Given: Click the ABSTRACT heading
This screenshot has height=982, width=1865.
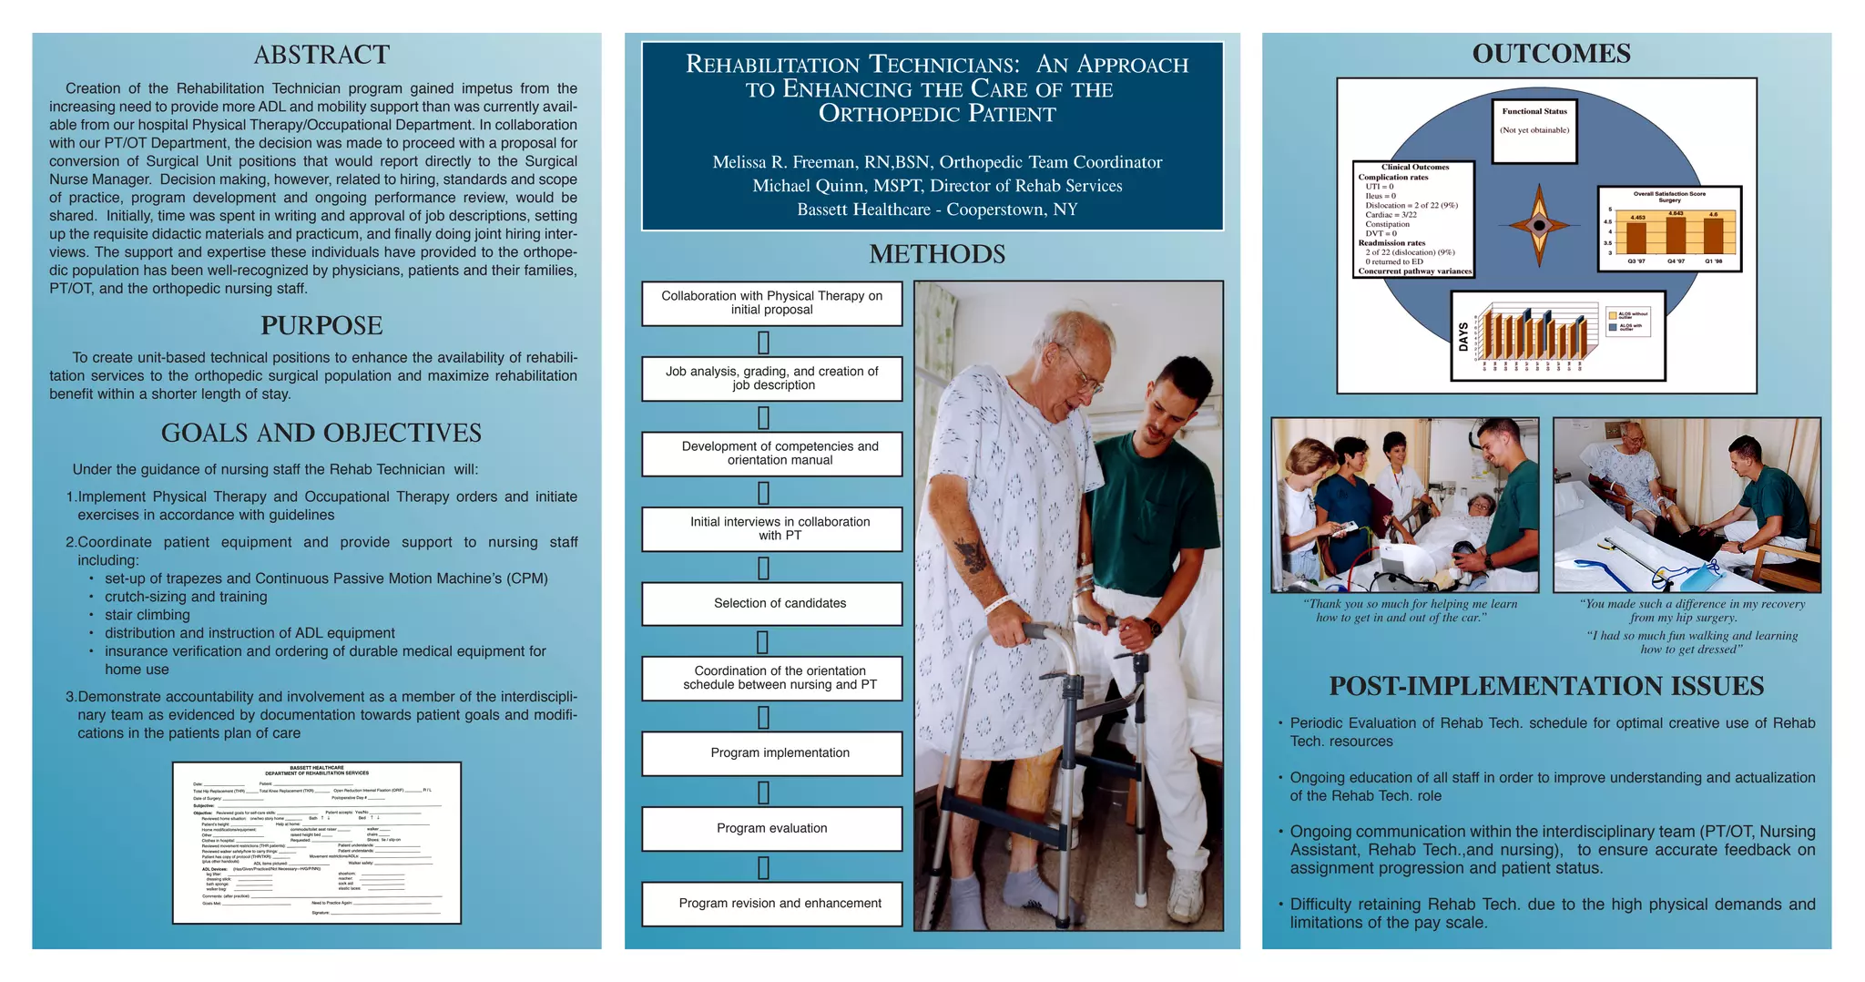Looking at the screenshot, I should click(321, 56).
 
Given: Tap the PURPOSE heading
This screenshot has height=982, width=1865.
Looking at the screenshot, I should click(321, 326).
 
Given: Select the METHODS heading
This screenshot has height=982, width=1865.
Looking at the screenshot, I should click(937, 254).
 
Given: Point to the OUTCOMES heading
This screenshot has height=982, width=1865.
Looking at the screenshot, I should click(1551, 55).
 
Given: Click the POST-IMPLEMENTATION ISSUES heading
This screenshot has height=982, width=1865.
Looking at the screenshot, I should click(1546, 687).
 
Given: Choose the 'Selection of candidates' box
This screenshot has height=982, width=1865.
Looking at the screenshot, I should click(771, 604).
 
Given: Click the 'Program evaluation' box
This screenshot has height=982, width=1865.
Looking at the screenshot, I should click(771, 829).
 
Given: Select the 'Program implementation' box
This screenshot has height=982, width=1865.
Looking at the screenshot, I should click(771, 753).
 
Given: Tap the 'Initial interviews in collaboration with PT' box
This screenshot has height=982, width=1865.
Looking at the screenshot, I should click(771, 529).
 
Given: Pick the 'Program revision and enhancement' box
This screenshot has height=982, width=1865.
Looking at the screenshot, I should click(771, 904).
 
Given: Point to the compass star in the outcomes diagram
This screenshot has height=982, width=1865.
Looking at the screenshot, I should click(1539, 226).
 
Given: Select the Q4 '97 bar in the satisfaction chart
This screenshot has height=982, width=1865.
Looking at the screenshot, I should click(1676, 235).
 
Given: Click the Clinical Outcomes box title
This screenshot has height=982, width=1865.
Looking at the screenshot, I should click(1414, 168).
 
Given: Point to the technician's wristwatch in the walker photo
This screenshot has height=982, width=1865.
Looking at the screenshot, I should click(1153, 627).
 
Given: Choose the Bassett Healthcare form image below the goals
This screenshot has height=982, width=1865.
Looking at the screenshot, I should click(317, 843).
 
